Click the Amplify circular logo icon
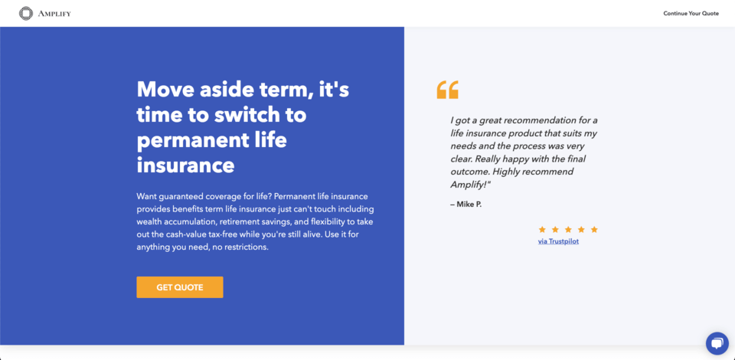coord(26,13)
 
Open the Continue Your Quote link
coord(691,13)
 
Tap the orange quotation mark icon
coord(447,90)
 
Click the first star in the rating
coord(542,229)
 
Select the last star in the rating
coord(594,229)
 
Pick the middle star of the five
coord(568,229)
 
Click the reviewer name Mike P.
coord(466,204)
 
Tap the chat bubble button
coord(717,343)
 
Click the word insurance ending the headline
coord(185,165)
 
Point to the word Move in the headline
coord(165,90)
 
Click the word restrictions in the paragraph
coord(244,247)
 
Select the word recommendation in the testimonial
coord(543,119)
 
